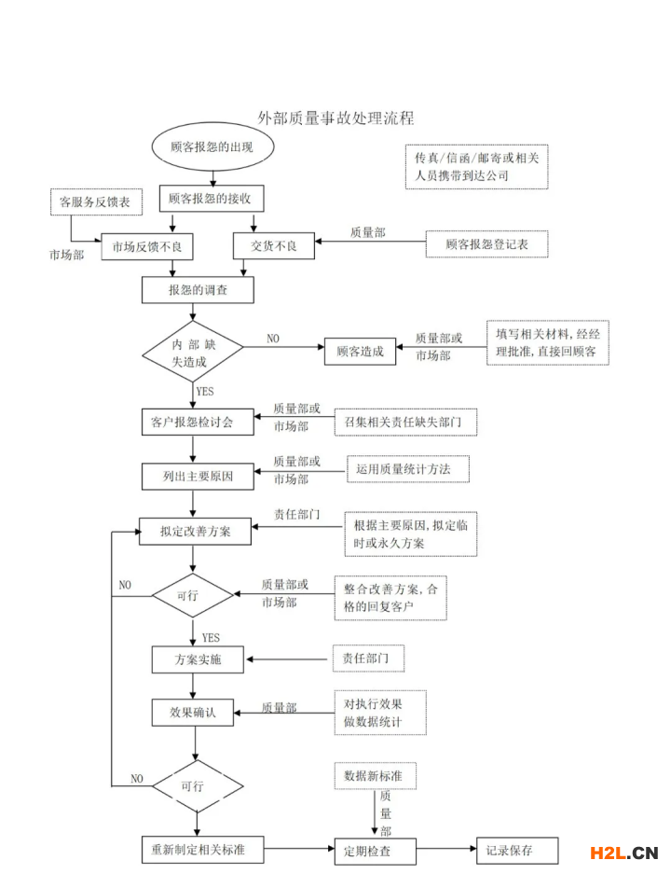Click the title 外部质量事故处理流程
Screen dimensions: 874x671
pos(335,118)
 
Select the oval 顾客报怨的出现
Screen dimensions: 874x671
pos(212,148)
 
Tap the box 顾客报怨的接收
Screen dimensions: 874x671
pos(211,199)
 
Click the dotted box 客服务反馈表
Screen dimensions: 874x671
pos(94,201)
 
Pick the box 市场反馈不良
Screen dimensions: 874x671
pos(152,246)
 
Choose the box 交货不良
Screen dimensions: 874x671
pos(273,246)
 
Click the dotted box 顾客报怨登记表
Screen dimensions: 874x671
pos(486,244)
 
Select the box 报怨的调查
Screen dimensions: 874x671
pos(198,290)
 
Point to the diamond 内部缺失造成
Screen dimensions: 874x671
pos(192,351)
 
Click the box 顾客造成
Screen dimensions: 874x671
pos(360,352)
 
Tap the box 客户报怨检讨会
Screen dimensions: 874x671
pos(192,422)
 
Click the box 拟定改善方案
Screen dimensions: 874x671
pos(196,532)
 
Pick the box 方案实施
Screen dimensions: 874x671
pos(198,659)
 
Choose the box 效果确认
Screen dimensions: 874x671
pos(193,712)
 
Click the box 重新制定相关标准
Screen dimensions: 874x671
pos(199,850)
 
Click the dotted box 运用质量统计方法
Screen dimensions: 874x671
pos(406,469)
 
